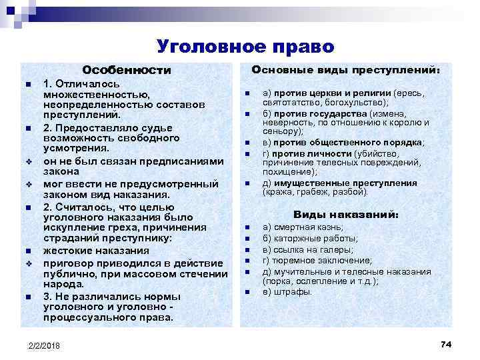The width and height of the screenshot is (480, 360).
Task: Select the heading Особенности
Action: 126,70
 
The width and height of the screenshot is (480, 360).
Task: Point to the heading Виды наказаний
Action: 346,215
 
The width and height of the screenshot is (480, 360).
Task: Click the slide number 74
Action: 446,343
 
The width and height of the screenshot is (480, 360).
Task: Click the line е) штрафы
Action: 287,291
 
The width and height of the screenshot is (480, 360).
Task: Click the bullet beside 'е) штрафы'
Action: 246,293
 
